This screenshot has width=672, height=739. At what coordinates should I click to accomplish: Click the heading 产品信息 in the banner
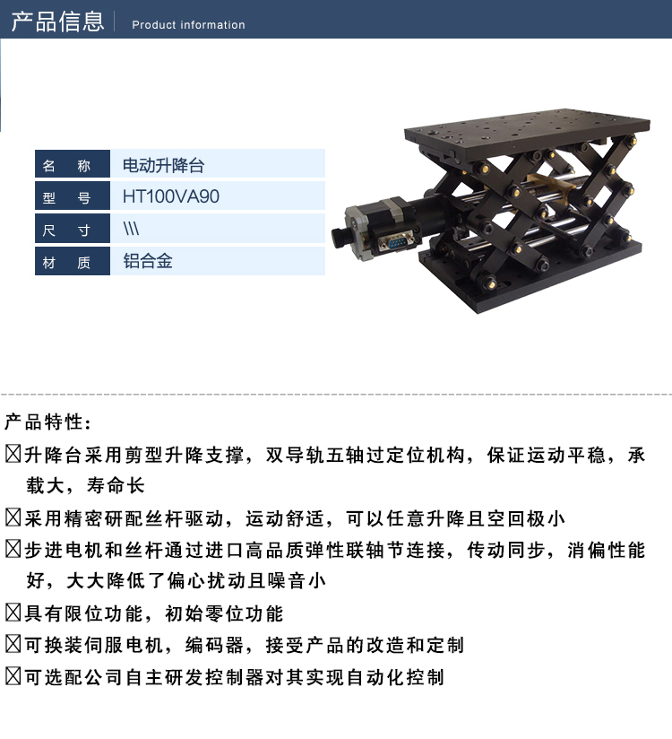tap(57, 22)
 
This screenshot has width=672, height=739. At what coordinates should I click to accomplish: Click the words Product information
tap(188, 24)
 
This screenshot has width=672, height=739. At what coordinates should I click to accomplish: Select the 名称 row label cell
tap(73, 164)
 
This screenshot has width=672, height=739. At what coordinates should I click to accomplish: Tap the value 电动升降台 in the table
tap(163, 165)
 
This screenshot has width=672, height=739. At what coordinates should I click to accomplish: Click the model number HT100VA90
tap(170, 196)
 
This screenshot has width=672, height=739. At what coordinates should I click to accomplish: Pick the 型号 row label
tap(73, 196)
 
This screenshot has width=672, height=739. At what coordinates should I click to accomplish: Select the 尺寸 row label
tap(73, 229)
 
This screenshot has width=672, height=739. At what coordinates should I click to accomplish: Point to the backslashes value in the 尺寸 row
tap(131, 229)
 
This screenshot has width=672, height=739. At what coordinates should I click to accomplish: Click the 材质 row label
tap(73, 261)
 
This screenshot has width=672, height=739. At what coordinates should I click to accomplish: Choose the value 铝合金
tap(148, 261)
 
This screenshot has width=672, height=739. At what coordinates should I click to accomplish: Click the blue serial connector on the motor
tap(394, 243)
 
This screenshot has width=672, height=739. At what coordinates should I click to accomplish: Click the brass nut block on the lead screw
tap(551, 184)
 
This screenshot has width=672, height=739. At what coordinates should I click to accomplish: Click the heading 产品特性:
tap(47, 422)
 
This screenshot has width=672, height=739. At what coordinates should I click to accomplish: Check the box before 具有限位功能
tap(13, 613)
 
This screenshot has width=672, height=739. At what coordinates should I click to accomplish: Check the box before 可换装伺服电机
tap(13, 645)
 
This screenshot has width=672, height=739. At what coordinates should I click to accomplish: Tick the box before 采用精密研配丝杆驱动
tap(13, 518)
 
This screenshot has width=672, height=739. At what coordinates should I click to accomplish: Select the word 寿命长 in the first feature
tap(116, 485)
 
